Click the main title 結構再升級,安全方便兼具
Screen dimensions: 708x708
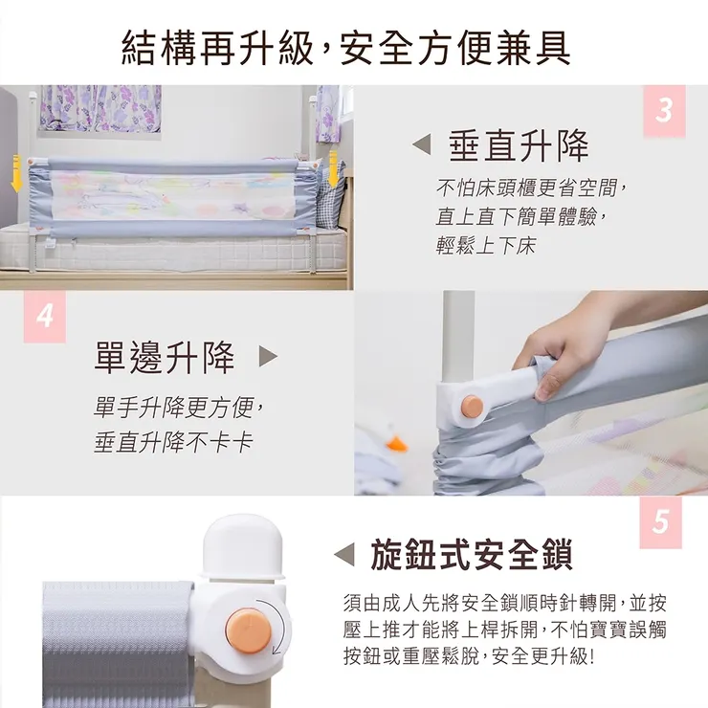(x=346, y=47)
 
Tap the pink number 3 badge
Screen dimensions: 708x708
(x=664, y=111)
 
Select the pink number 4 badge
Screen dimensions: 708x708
(x=45, y=316)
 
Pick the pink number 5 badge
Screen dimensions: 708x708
(x=660, y=522)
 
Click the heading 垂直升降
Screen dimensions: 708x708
(x=520, y=145)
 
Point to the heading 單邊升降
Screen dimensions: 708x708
(x=165, y=357)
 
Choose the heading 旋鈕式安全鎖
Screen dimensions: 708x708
(x=471, y=554)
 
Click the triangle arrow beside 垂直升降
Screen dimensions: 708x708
(x=420, y=145)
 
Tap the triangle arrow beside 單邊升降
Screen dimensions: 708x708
(x=268, y=357)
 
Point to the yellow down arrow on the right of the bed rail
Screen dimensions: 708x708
(x=333, y=167)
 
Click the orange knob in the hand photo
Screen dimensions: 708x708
(x=471, y=406)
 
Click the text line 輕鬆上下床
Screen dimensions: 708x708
(x=486, y=247)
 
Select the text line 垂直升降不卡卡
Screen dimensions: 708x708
(x=173, y=443)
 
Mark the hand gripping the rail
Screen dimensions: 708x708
(x=564, y=344)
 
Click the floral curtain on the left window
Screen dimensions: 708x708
(x=100, y=107)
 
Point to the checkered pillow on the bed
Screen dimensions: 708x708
(x=331, y=201)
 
